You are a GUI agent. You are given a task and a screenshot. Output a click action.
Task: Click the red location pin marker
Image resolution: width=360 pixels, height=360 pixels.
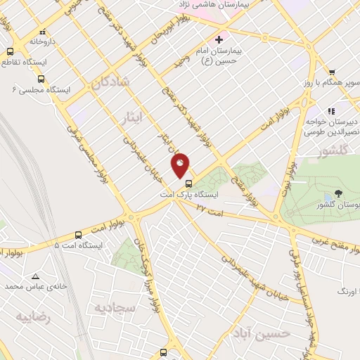tap(181, 165)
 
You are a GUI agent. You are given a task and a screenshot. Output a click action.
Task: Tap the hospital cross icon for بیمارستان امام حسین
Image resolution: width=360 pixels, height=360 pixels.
tap(219, 39)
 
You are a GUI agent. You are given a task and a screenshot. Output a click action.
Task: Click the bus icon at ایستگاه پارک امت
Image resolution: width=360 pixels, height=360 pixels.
tap(187, 184)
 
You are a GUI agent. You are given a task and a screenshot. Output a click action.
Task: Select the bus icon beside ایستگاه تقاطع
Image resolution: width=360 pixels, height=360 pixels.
tap(10, 51)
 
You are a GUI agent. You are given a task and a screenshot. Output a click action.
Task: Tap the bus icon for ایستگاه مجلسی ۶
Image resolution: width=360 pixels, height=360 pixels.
tap(41, 79)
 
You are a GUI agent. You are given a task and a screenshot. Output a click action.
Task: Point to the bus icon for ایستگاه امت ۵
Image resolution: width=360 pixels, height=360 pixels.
tap(77, 236)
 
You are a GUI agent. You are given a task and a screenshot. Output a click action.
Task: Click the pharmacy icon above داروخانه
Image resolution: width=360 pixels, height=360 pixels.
tap(43, 32)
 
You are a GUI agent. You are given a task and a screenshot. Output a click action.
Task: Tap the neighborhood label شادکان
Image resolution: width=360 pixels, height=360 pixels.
tap(110, 82)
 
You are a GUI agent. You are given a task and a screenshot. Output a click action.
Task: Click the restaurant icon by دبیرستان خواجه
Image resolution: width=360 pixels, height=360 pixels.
tap(331, 111)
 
